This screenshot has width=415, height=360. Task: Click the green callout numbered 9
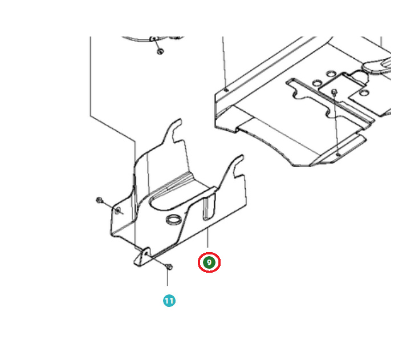tap(209, 262)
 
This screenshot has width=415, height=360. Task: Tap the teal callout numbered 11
tap(169, 301)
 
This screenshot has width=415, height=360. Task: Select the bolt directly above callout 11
tap(169, 266)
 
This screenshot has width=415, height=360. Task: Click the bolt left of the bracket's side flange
tap(100, 200)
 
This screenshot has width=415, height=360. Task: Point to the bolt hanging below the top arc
tap(160, 51)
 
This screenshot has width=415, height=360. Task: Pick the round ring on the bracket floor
tap(174, 220)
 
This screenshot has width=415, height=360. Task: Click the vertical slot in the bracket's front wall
tap(209, 208)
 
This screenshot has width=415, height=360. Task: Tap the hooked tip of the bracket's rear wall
tap(177, 124)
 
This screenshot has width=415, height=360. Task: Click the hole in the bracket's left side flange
tap(118, 211)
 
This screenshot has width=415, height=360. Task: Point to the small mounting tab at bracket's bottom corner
tap(142, 256)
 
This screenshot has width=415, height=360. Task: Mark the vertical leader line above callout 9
tap(208, 237)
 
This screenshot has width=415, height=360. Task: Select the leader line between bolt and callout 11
tap(168, 278)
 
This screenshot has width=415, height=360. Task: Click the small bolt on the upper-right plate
tap(335, 92)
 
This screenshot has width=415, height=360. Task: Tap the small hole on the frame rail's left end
tap(226, 90)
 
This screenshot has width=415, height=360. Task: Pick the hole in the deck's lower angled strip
tap(337, 154)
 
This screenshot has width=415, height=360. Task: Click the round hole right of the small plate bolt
tap(364, 93)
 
